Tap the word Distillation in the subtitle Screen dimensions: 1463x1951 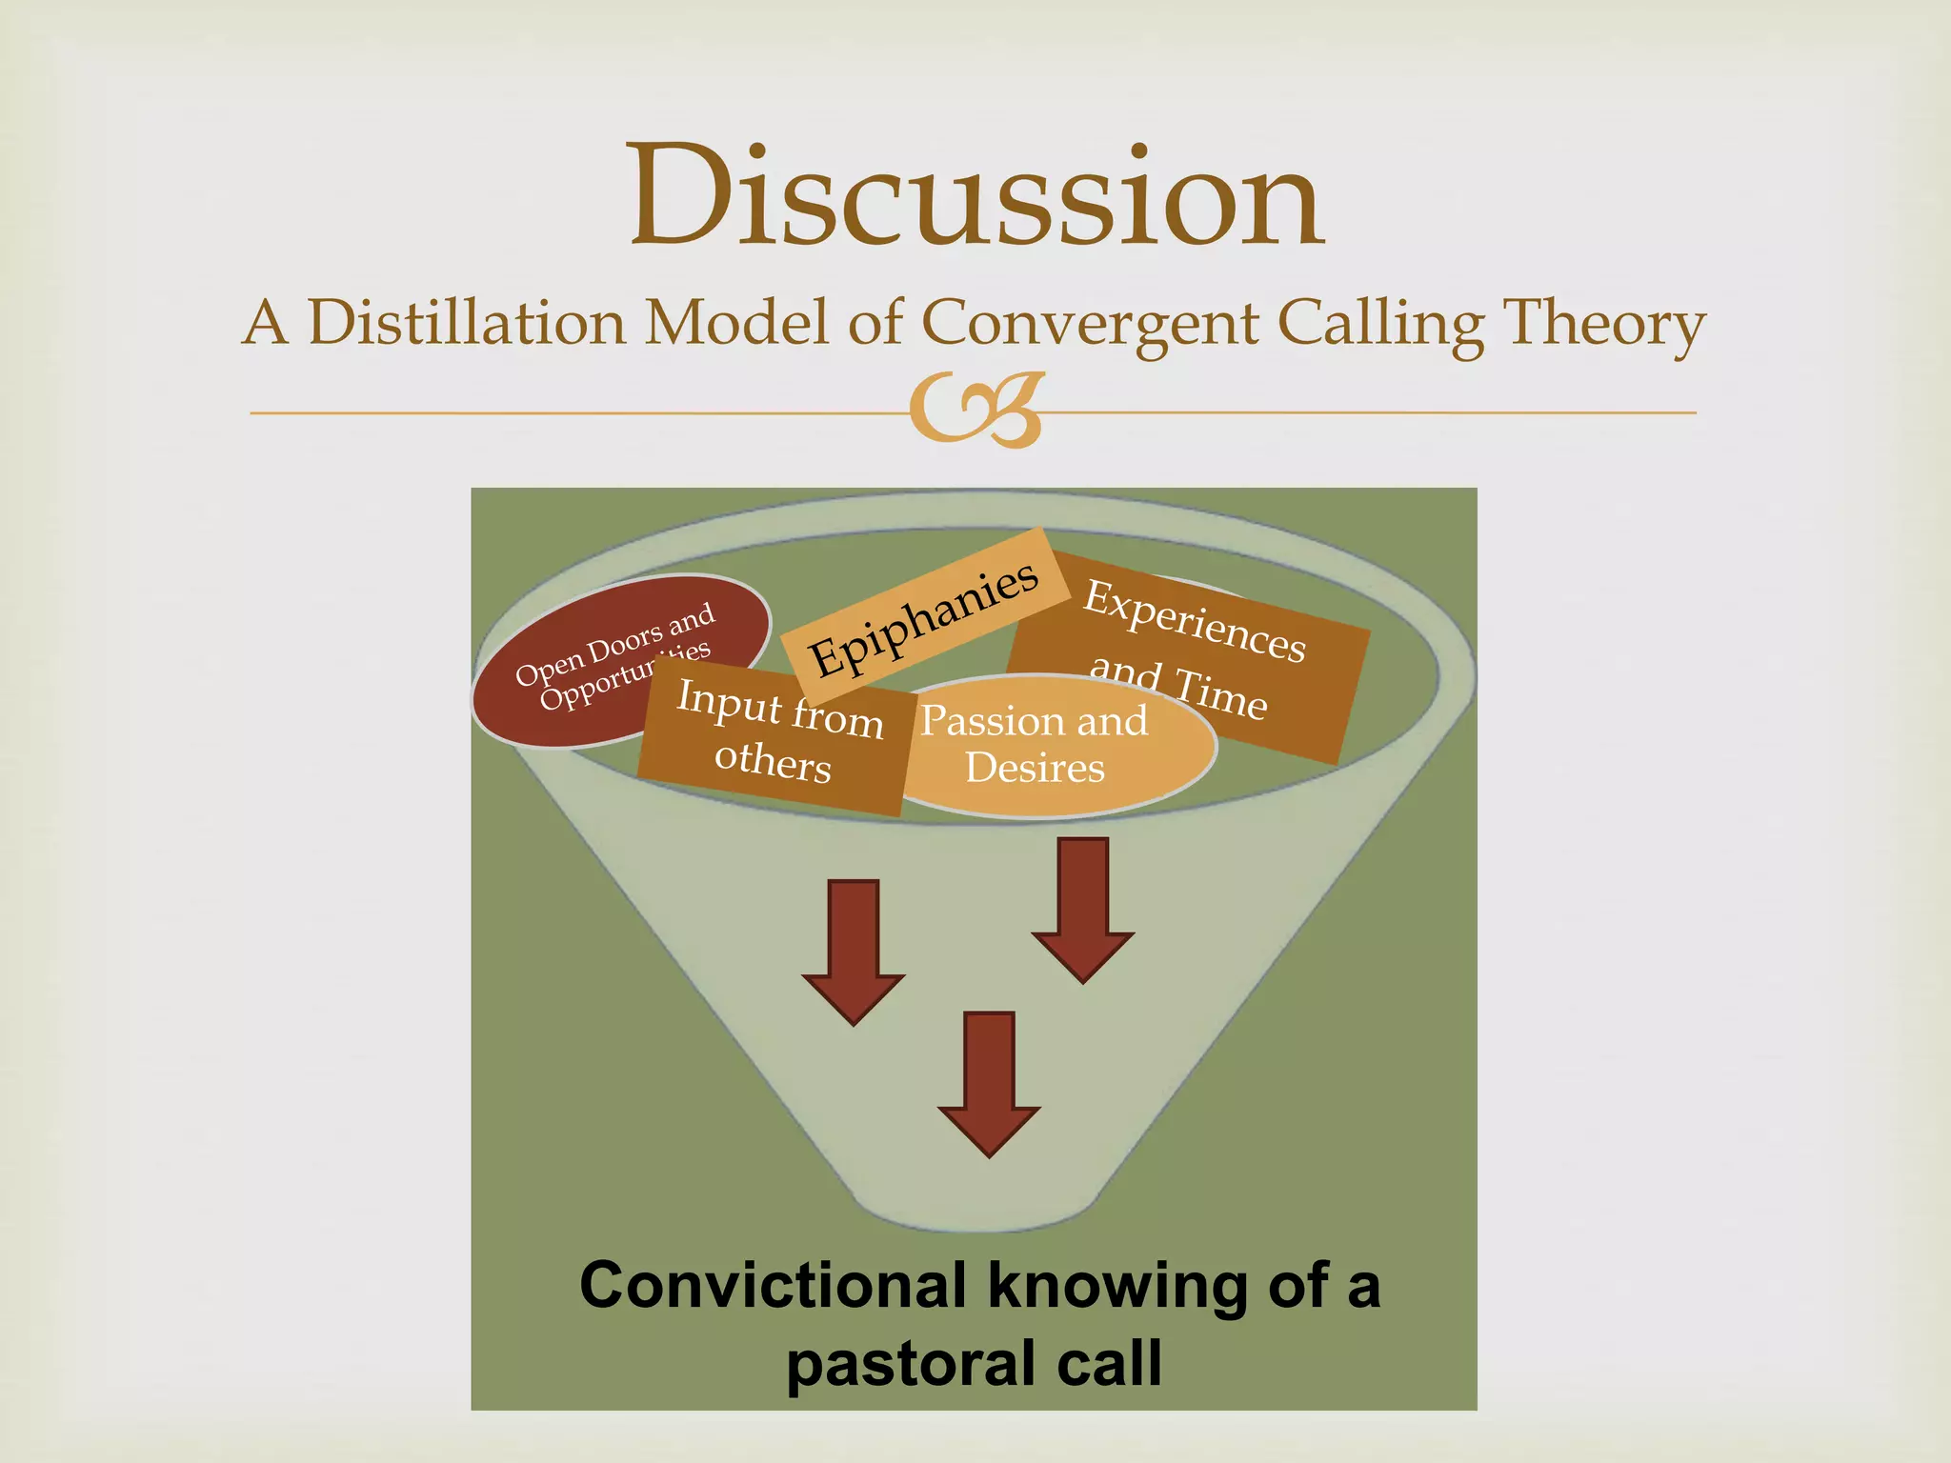pyautogui.click(x=467, y=322)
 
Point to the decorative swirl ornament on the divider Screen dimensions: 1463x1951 pyautogui.click(x=975, y=411)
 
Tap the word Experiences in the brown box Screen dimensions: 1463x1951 pyautogui.click(x=1195, y=620)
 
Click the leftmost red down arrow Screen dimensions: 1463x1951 pyautogui.click(x=853, y=952)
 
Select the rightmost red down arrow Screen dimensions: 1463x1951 pyautogui.click(x=1083, y=910)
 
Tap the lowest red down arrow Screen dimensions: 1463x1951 pyautogui.click(x=989, y=1084)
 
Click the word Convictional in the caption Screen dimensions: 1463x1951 pyautogui.click(x=773, y=1285)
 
